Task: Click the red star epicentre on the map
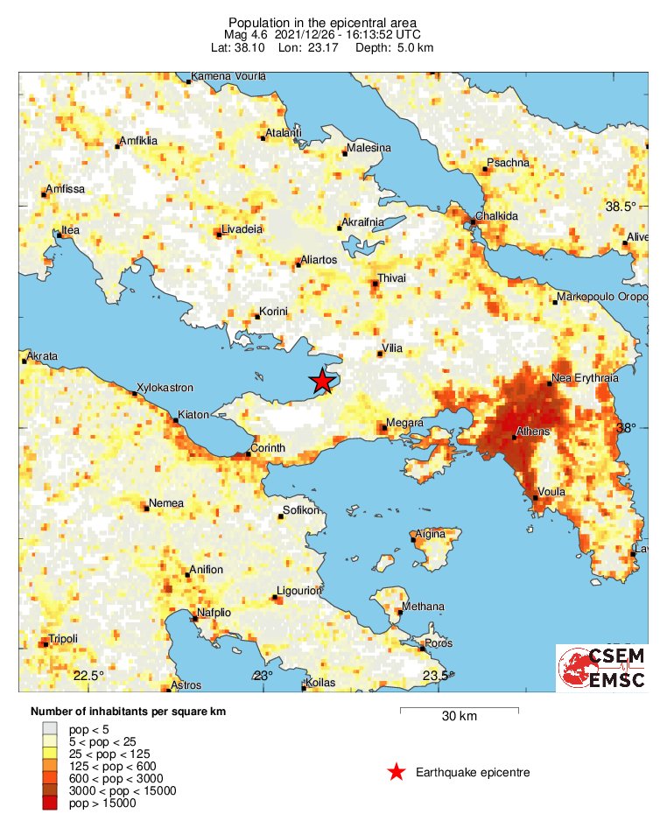[x=322, y=381]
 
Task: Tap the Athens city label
[x=533, y=432]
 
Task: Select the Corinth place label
[x=268, y=448]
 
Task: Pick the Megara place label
[x=404, y=423]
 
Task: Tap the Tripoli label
[x=64, y=638]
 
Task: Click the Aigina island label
[x=429, y=533]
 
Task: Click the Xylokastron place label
[x=165, y=387]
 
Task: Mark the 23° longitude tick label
[x=263, y=675]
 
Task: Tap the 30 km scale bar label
[x=459, y=716]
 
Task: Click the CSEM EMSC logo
[x=602, y=668]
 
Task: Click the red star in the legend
[x=397, y=772]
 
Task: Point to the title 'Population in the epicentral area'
[x=322, y=22]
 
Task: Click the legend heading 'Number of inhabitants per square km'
[x=128, y=712]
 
